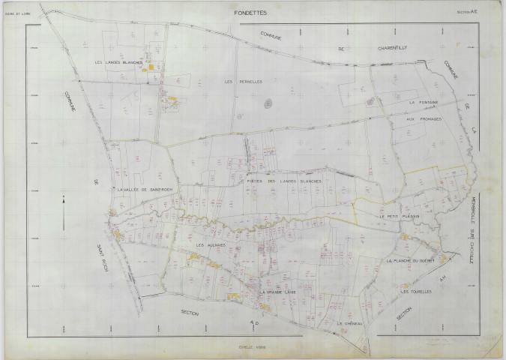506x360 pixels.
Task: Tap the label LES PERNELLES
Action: [243, 81]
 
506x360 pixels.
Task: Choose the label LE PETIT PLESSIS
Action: [397, 216]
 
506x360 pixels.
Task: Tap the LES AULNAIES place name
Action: [211, 245]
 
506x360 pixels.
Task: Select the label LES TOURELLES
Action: [415, 292]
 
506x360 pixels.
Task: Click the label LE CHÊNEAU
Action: [350, 323]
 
